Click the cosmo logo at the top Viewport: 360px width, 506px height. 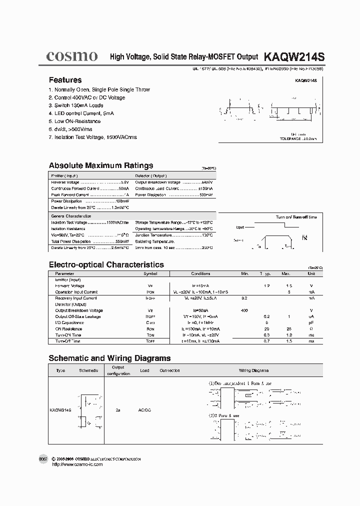coord(71,56)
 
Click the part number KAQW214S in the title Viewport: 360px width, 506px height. coord(293,57)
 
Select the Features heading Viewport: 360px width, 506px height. coord(65,80)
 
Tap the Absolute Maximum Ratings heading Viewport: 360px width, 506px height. coord(101,165)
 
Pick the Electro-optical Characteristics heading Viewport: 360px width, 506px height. coord(106,264)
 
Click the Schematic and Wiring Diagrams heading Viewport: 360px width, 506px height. coord(109,358)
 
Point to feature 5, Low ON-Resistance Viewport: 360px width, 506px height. coord(74,121)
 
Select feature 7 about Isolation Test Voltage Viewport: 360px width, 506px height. coord(92,137)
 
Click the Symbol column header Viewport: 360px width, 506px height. coord(150,274)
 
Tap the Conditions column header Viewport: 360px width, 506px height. coord(200,274)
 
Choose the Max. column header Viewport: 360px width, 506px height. coord(285,274)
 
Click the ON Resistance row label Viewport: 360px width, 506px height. coord(68,329)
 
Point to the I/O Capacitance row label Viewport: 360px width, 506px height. coord(69,322)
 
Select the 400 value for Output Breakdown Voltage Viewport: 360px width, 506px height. coord(244,310)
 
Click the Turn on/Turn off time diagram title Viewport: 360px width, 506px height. coord(296,217)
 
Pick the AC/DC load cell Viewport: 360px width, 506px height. coord(144,409)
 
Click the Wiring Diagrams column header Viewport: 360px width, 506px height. coord(253,370)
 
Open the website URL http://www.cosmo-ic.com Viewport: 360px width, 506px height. coord(77,464)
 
